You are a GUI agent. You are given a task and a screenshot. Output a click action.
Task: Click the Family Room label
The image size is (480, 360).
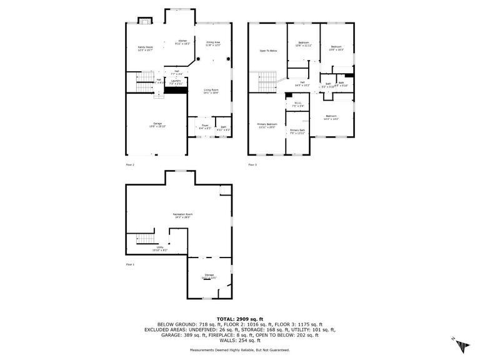(145, 47)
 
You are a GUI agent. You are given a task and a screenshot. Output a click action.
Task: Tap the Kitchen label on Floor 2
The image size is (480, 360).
(182, 42)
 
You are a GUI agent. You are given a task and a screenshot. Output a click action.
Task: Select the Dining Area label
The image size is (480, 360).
(213, 43)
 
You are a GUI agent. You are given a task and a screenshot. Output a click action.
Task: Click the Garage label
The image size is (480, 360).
(157, 124)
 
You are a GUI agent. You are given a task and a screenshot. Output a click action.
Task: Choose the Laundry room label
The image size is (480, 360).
(176, 81)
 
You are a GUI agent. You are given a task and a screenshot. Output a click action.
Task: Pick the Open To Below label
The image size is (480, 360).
(268, 51)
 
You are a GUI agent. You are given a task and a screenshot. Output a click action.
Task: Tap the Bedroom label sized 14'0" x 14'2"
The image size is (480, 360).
(331, 117)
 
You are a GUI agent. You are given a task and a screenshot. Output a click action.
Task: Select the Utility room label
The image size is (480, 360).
(161, 249)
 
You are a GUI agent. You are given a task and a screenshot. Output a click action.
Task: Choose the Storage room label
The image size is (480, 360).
(209, 276)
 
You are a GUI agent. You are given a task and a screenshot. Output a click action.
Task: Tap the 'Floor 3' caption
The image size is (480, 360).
(252, 165)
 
